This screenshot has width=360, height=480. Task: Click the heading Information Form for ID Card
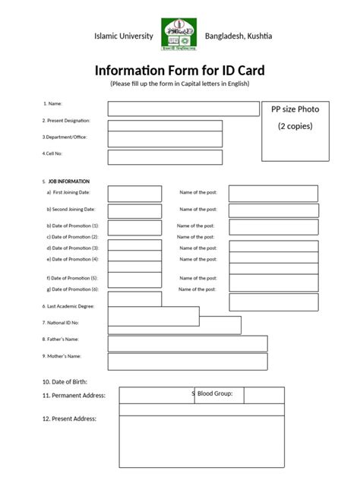[180, 70]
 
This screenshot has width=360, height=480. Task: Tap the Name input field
[183, 109]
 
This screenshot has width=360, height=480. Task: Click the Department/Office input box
[165, 139]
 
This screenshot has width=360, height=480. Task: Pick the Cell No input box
[165, 157]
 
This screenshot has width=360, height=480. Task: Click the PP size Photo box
[295, 131]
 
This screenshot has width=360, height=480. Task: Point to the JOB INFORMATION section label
[68, 182]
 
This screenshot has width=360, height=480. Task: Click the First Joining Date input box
[134, 193]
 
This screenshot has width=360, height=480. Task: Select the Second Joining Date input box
[134, 210]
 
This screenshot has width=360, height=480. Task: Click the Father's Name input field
[187, 343]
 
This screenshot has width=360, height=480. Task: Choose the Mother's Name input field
[187, 360]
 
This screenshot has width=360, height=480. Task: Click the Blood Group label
[220, 393]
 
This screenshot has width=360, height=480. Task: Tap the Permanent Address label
[74, 396]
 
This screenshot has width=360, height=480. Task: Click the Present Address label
[70, 418]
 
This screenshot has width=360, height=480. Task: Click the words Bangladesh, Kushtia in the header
[239, 36]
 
